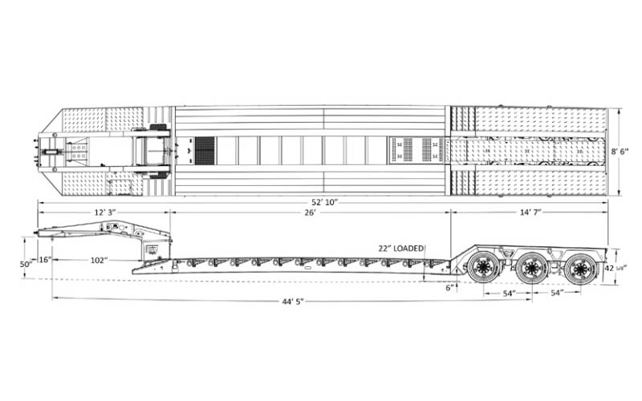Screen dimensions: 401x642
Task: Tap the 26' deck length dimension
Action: point(310,212)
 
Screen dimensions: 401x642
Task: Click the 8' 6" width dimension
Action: point(629,151)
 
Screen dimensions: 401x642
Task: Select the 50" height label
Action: point(27,264)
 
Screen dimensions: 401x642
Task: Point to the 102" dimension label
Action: point(100,259)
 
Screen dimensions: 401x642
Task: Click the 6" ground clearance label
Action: point(450,286)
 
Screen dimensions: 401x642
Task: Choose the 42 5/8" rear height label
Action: point(616,268)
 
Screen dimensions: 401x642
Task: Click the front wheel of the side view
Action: point(484,268)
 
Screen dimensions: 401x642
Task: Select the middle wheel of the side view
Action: point(531,268)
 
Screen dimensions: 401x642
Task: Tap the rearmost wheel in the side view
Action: point(579,269)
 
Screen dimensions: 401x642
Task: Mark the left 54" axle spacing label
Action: point(508,294)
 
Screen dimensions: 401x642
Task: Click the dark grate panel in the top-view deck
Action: point(205,150)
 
